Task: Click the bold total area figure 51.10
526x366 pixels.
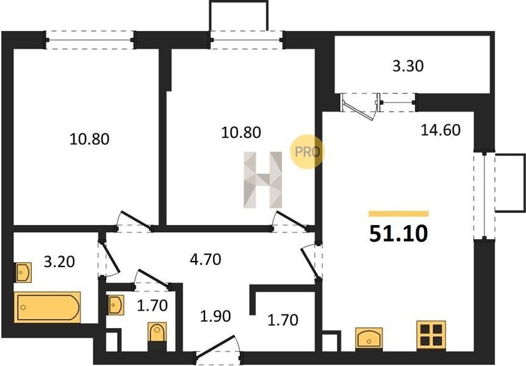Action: point(398,234)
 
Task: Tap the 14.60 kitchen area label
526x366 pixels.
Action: point(441,130)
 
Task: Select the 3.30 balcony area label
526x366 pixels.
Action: point(408,66)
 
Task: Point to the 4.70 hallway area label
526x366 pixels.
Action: point(205,259)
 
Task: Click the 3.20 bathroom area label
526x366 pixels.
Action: point(59,262)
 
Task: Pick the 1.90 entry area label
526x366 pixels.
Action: point(215,316)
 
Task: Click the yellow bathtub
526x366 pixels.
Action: point(48,307)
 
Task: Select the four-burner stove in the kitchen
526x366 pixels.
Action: point(431,336)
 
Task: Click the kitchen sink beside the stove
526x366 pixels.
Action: point(369,338)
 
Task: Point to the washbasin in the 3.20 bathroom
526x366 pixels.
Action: point(23,272)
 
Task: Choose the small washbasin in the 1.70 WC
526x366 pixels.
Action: point(116,304)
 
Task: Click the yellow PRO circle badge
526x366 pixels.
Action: point(307,152)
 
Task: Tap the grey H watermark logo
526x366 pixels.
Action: point(262,180)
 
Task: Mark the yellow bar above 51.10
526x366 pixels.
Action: point(398,213)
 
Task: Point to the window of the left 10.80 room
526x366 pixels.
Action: point(90,40)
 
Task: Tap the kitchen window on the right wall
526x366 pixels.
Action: point(484,196)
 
